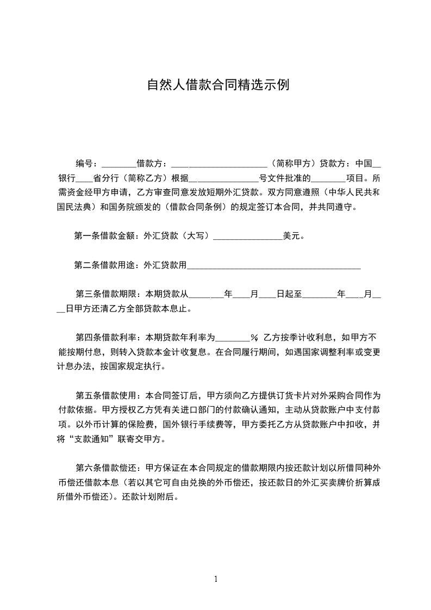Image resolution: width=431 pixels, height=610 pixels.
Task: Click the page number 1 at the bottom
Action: tap(216, 578)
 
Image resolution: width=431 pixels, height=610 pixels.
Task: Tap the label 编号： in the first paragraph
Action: tap(87, 163)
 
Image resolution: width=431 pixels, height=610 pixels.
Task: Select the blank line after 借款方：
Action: tap(218, 164)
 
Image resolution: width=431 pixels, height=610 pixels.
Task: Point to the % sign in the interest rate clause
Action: tap(253, 338)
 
